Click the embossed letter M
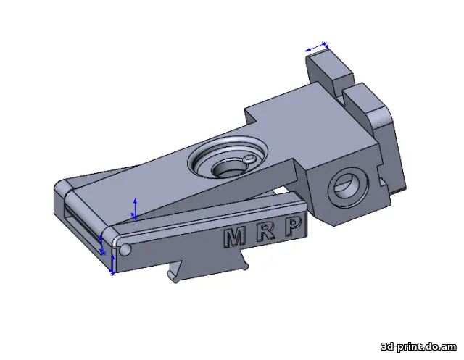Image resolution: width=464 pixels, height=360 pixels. point(234,237)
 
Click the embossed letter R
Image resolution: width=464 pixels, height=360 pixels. point(266,233)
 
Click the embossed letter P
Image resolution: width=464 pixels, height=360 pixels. point(294,228)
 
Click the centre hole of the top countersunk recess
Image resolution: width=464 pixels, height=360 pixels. point(229,167)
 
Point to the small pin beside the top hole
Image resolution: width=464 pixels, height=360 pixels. point(249,159)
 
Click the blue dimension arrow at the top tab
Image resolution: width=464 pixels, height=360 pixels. point(317,48)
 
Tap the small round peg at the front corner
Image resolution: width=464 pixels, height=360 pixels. point(125,251)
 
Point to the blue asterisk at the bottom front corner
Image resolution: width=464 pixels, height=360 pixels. point(112,273)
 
